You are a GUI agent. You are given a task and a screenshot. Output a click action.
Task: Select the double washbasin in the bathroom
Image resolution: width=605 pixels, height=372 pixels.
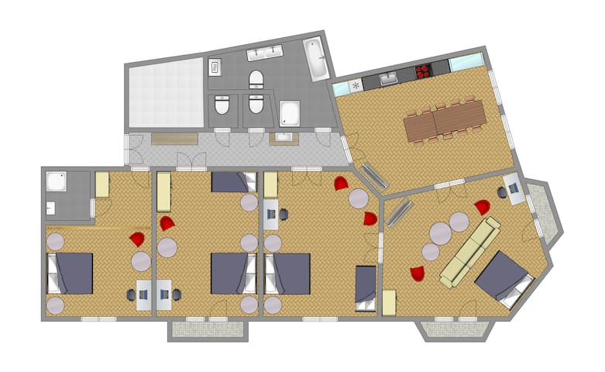(264, 55)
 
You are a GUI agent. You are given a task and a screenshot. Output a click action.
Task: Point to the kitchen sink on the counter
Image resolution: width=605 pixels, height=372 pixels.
(387, 77)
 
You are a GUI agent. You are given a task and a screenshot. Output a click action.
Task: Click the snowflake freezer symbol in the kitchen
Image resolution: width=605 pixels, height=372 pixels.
(356, 85)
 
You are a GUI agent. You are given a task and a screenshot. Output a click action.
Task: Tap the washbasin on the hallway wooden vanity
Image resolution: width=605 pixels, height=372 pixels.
(282, 139)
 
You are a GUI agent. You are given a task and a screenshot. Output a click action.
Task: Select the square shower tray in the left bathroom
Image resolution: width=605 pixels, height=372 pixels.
(56, 182)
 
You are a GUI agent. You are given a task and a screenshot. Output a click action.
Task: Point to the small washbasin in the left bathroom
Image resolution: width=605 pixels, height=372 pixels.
(50, 208)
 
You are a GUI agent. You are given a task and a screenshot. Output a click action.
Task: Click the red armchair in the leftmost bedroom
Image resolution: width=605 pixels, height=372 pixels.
(137, 239)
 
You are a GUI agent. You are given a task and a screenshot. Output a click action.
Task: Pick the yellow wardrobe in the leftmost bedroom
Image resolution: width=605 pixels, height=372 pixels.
(102, 185)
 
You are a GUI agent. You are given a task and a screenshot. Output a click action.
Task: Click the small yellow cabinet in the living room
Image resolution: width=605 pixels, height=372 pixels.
(390, 303)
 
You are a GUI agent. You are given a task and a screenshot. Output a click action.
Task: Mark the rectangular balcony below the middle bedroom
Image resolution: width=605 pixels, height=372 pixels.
(208, 330)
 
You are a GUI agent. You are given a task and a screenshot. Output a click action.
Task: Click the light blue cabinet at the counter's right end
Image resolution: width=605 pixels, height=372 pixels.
(466, 62)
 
